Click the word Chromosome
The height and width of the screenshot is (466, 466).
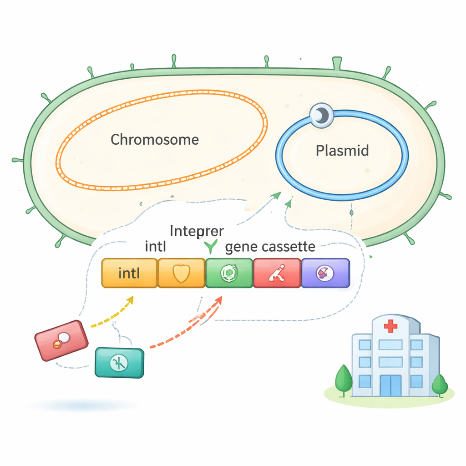tap(155, 139)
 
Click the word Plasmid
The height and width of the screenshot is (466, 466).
tap(342, 151)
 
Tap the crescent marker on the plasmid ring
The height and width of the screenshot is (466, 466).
tap(321, 116)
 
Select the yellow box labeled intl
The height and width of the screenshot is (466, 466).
tap(129, 274)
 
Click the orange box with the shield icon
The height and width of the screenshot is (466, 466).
tap(181, 274)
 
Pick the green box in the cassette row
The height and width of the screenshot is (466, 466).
tap(229, 274)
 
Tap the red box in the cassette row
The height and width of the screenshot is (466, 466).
tap(277, 274)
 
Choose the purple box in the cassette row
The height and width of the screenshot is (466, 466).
tap(325, 274)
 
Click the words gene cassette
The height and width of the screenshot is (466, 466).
tap(270, 247)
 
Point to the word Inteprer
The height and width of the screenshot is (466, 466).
tap(197, 231)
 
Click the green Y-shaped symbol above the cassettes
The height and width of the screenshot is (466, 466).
tap(211, 247)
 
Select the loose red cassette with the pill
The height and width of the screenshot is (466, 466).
tap(61, 340)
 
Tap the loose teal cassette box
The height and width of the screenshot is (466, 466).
tap(119, 363)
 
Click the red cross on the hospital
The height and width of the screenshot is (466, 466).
tap(390, 326)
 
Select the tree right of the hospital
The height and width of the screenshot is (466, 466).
tap(439, 385)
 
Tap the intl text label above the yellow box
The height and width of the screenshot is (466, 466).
tap(156, 247)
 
